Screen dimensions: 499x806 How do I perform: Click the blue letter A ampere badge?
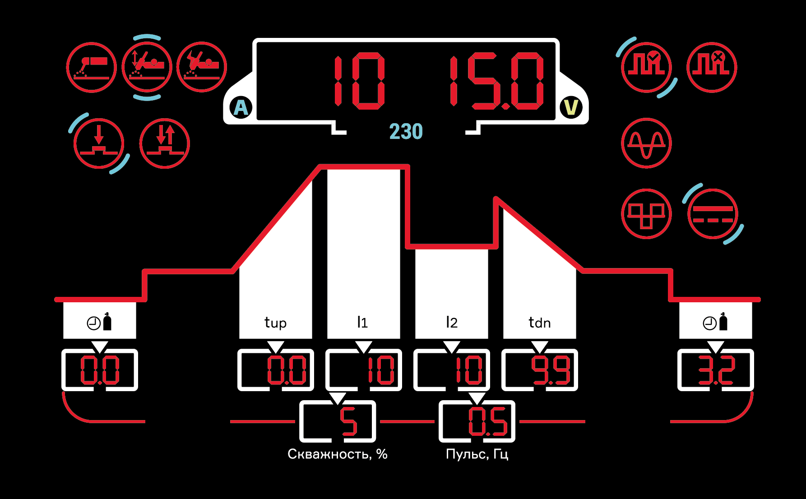click(241, 108)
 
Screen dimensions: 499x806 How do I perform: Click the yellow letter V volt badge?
click(571, 107)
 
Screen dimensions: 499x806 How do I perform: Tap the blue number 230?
click(406, 132)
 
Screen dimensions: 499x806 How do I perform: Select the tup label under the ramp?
click(275, 323)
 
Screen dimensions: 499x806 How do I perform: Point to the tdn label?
click(539, 323)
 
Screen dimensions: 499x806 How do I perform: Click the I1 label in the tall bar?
click(362, 322)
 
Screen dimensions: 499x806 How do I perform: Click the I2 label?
click(451, 322)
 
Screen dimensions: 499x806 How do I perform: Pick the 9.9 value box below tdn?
click(540, 370)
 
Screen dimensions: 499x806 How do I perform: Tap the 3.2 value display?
click(716, 370)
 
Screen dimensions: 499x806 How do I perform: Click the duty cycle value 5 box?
click(338, 421)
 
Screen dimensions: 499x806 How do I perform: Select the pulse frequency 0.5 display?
click(477, 421)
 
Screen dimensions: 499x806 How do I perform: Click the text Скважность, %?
click(338, 454)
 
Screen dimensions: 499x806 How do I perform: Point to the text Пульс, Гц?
click(477, 454)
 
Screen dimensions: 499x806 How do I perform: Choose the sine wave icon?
click(646, 143)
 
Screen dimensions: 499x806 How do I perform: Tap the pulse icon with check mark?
click(646, 67)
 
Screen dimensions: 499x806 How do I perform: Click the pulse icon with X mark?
click(712, 67)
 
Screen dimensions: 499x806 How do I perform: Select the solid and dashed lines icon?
click(713, 214)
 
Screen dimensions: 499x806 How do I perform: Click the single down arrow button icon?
click(99, 143)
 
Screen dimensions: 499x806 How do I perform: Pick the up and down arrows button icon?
click(165, 143)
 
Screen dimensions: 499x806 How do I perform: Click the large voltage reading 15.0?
click(496, 81)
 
